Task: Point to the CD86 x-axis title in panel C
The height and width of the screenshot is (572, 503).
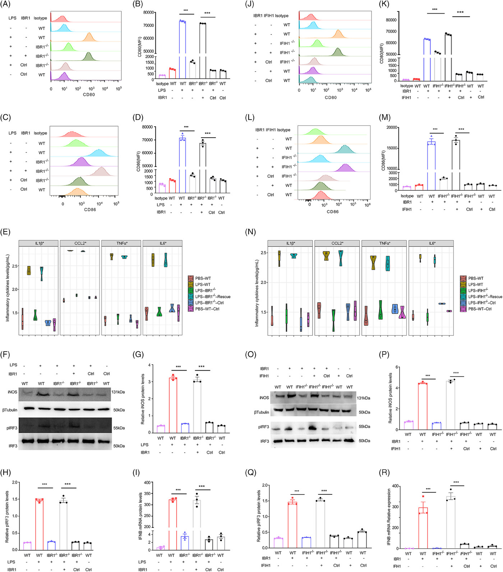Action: coord(90,209)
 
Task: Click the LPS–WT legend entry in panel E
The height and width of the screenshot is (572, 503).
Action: coord(203,284)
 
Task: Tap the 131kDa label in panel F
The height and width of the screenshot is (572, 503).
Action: coord(118,392)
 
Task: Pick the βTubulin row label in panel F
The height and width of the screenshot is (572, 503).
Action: coord(10,410)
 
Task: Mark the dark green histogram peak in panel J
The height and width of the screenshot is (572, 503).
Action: coord(338,52)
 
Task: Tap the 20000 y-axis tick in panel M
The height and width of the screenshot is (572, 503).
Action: coord(392,127)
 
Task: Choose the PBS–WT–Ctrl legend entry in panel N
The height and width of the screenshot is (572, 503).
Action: coord(480,309)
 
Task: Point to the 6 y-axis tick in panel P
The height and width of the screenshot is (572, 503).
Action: coord(397,367)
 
